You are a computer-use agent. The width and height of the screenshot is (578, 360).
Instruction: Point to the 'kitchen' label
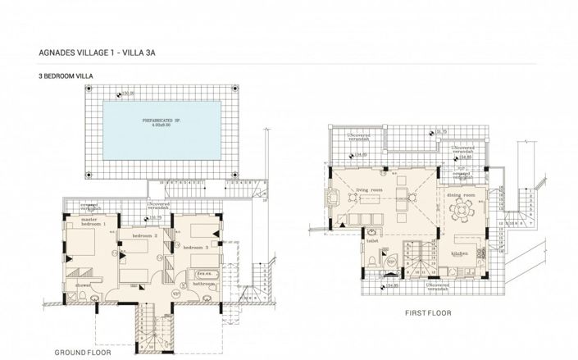[x=459, y=253]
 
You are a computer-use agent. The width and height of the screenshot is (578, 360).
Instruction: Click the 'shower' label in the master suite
[x=84, y=285]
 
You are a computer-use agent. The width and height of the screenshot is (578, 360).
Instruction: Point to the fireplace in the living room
[x=333, y=198]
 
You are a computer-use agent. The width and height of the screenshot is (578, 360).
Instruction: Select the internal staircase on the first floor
[x=422, y=261]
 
